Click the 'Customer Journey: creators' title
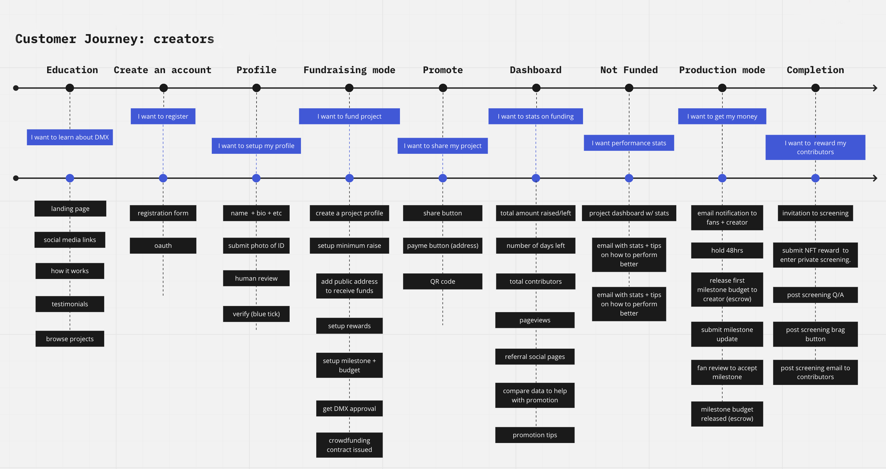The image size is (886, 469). (114, 39)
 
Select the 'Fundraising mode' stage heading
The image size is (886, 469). (349, 70)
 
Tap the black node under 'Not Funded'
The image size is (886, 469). (629, 88)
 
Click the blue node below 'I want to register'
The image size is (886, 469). (163, 178)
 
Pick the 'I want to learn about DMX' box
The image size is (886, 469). (70, 137)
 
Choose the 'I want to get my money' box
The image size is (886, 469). (722, 116)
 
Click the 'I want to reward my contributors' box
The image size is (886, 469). (815, 147)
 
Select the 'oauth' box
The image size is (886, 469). (163, 245)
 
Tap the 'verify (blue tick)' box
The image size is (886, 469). (256, 314)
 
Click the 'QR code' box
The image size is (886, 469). (442, 281)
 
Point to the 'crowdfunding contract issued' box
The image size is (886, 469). (349, 445)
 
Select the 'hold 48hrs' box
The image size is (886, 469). (727, 250)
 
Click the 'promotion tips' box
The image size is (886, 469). (535, 435)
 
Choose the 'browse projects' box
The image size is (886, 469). (70, 339)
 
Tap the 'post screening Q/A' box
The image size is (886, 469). (815, 295)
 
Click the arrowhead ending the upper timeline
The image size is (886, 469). (875, 88)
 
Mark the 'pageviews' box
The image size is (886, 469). (535, 320)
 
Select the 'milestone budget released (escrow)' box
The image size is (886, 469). (727, 414)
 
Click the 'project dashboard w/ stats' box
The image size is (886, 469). (629, 213)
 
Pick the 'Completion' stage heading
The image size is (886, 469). (815, 70)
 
